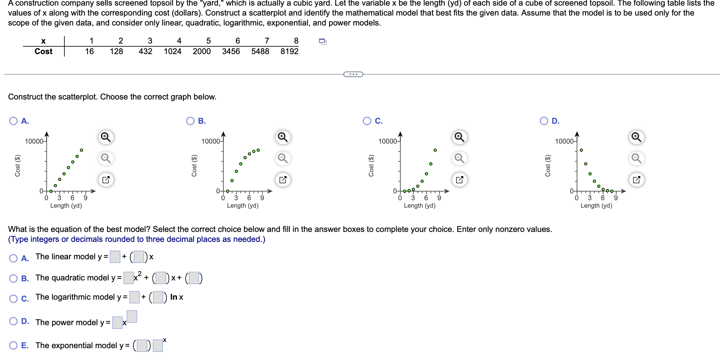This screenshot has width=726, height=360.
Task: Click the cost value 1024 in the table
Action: pos(173,51)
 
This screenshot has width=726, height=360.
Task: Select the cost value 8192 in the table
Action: pos(289,51)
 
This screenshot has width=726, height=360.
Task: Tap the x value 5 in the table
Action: pos(208,41)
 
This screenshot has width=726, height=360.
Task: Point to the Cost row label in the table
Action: pos(44,51)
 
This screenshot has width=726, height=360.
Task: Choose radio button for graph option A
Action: pos(13,121)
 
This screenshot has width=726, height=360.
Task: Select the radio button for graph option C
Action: pos(367,121)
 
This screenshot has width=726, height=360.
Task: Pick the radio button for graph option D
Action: pos(544,121)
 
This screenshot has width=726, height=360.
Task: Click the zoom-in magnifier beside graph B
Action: pos(283,137)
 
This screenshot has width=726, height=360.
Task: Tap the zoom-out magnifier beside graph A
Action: pos(106,158)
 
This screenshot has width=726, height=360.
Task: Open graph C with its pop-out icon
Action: pos(460,180)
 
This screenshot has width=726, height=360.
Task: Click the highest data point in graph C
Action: pos(435,150)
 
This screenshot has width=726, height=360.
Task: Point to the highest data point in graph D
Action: pos(581,150)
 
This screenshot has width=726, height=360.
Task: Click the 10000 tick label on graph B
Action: pos(211,141)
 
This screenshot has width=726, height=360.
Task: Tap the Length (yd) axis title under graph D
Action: pos(596,205)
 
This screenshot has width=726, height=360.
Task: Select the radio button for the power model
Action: pos(13,321)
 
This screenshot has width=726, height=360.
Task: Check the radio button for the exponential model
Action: pos(13,345)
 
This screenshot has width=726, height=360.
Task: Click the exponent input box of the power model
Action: pos(132,316)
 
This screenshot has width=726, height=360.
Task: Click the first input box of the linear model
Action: pos(115,257)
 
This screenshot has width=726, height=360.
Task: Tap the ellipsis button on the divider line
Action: pos(353,74)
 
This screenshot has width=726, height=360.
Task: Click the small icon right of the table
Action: pos(323,41)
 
